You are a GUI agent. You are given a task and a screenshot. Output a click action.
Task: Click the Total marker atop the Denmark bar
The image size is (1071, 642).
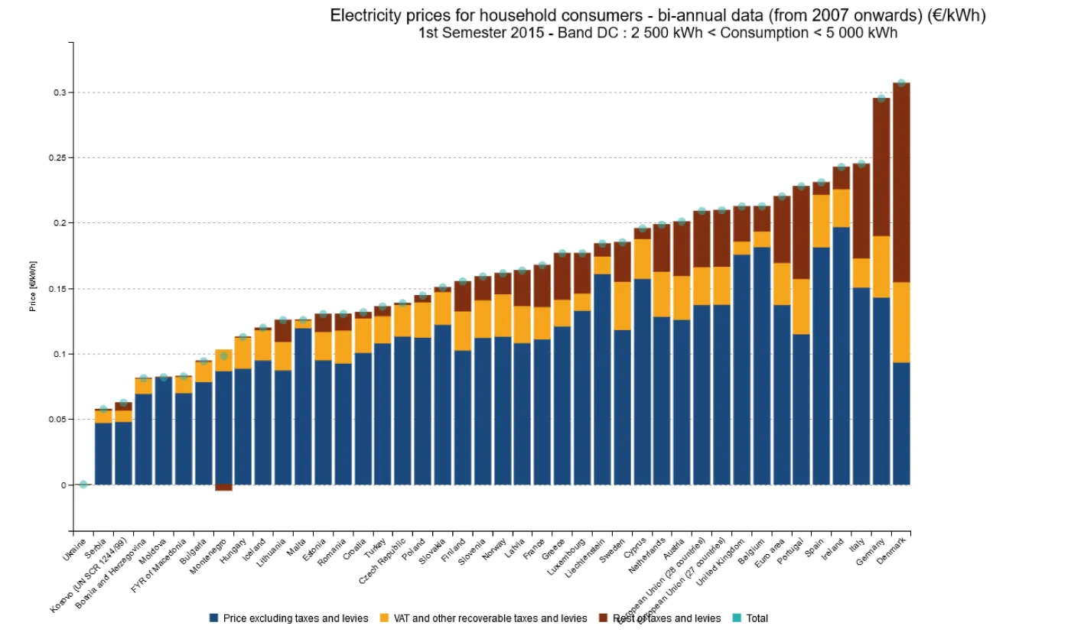[x=901, y=83]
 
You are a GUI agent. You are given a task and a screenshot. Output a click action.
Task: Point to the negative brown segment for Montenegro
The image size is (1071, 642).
[x=223, y=488]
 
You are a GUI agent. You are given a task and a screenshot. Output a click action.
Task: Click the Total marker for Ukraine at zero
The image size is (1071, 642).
[x=83, y=485]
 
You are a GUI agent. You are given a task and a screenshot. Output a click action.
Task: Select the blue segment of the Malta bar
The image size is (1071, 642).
[x=303, y=406]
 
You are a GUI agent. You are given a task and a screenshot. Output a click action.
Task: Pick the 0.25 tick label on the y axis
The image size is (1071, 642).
[x=57, y=157]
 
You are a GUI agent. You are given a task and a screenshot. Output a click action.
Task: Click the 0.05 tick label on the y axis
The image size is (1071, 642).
[x=57, y=420]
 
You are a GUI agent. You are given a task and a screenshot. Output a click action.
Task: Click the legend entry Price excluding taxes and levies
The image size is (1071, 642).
[x=295, y=618]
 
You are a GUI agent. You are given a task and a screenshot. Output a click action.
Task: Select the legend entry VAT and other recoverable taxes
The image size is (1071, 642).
[x=489, y=618]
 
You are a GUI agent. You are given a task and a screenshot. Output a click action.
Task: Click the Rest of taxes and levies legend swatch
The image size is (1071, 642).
[x=603, y=618]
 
